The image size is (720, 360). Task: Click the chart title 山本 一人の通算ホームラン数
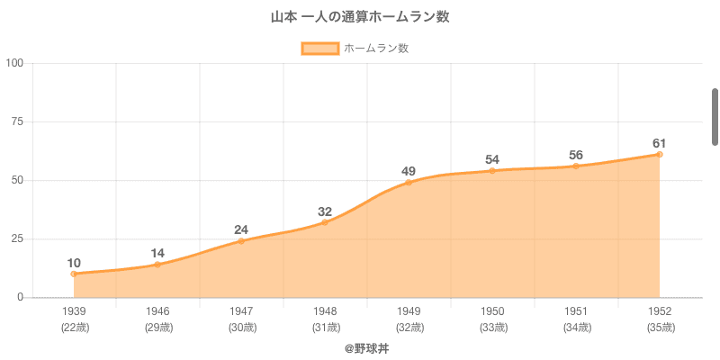pos(360,17)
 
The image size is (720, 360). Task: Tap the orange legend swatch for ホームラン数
pos(319,49)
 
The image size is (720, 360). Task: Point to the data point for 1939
pos(74,274)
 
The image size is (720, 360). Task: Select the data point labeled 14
pos(157,265)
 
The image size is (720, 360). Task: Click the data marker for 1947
pos(241,241)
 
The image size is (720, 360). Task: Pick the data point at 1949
pos(409,182)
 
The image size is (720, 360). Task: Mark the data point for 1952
pos(660,154)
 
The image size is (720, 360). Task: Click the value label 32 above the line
pos(325,212)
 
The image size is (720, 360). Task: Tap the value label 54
pos(492,160)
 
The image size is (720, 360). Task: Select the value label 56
pos(576,156)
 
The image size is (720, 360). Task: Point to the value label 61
pos(660,144)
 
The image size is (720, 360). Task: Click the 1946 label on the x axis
pos(157,311)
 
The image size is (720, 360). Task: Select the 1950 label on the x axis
pos(492,311)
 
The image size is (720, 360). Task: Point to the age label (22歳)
pos(74,328)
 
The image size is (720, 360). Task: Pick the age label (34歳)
pos(576,328)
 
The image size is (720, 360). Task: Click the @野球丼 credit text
pos(360,347)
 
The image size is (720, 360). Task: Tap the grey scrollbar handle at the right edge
pos(715,117)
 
